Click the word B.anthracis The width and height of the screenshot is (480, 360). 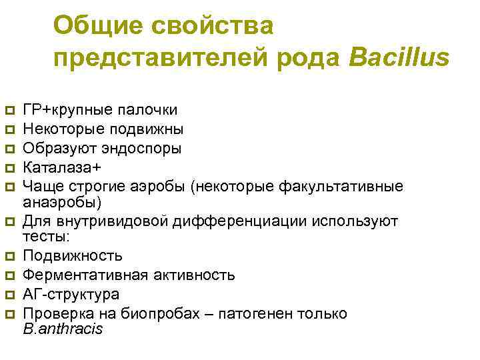[63, 329]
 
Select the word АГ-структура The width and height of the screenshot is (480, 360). [71, 294]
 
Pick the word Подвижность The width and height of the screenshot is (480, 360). [73, 256]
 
